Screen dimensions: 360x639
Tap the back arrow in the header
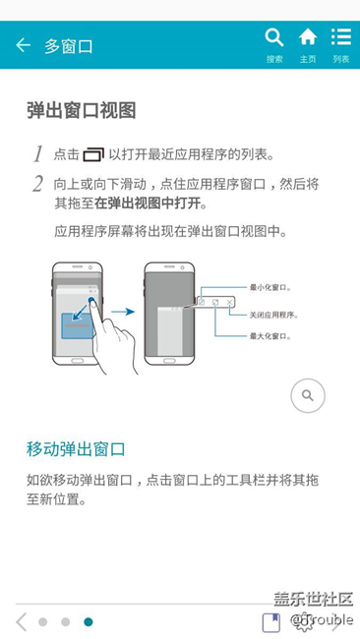pos(23,45)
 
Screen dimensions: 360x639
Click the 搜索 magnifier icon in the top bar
pos(274,37)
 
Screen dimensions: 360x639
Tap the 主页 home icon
pos(308,37)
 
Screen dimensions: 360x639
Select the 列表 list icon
pos(341,36)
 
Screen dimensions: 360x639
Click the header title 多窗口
pos(69,46)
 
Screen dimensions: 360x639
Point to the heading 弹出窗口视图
pos(81,110)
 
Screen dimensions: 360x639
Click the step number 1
pos(38,154)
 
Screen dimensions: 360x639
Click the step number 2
pos(38,184)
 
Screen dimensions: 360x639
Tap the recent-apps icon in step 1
pos(93,155)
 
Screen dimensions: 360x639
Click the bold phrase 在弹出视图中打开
pos(148,203)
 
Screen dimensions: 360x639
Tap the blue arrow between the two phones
pos(123,313)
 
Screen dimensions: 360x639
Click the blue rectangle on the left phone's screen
pos(77,326)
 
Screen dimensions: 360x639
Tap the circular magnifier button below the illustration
pos(308,395)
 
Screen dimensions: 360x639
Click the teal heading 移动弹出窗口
pos(76,448)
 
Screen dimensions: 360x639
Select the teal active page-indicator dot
pos(89,622)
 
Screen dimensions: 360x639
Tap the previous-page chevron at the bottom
pos(22,622)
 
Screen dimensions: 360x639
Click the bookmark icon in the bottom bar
pos(271,622)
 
